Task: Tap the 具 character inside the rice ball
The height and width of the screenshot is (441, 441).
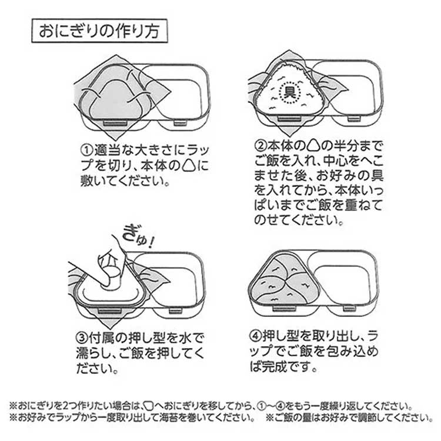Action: (289, 93)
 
